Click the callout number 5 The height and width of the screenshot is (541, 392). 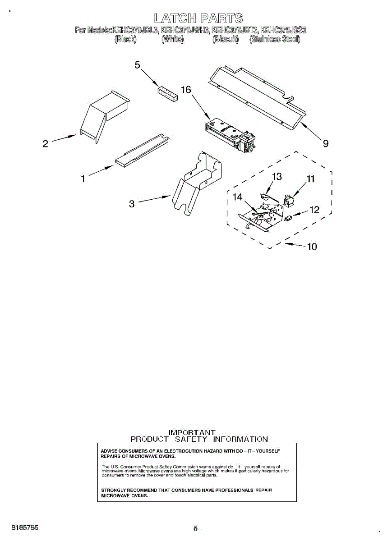(138, 65)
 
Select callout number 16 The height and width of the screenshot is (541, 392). (186, 90)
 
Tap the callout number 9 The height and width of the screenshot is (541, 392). (325, 144)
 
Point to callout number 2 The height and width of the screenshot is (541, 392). (45, 144)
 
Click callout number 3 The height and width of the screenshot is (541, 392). (132, 204)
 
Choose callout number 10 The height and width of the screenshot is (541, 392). (312, 247)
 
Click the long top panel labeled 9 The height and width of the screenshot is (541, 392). (257, 97)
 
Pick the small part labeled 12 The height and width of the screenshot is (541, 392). (289, 219)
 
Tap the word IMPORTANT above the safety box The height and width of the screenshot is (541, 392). (192, 432)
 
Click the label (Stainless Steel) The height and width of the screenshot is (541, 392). (275, 39)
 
